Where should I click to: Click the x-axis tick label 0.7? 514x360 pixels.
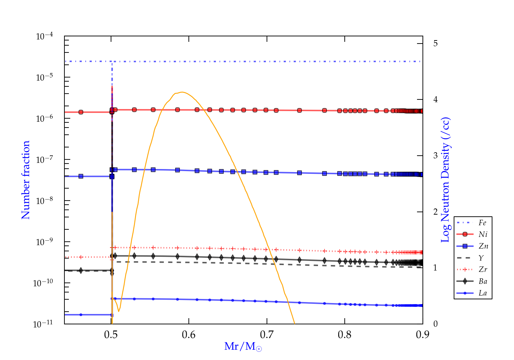click(x=267, y=335)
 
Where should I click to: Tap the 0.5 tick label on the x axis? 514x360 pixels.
click(x=111, y=335)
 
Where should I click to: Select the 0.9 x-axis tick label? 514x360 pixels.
click(x=423, y=335)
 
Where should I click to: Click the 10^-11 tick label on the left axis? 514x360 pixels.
click(x=43, y=324)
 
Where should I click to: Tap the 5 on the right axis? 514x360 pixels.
click(x=435, y=44)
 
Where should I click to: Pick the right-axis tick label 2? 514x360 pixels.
click(x=435, y=212)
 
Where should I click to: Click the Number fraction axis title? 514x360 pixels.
click(x=26, y=180)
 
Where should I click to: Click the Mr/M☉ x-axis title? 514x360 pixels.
click(x=243, y=347)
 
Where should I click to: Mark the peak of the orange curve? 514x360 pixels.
click(x=182, y=92)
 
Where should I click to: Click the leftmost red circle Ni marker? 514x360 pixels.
click(x=81, y=112)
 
